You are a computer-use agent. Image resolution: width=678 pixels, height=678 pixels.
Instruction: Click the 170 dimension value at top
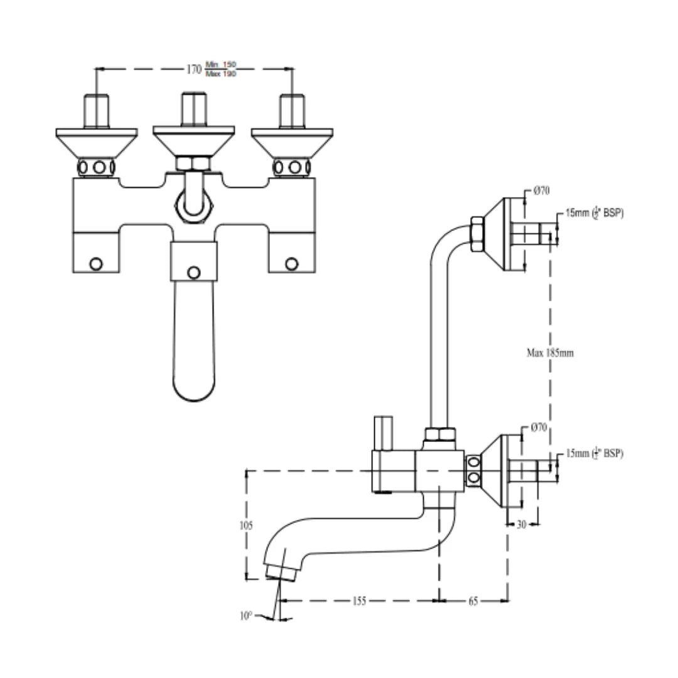point(194,69)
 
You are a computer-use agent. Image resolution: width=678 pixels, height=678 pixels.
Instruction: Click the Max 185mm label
point(550,353)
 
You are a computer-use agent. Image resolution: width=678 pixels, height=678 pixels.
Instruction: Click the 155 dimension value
point(358,601)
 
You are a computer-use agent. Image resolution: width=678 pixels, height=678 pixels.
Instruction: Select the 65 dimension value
point(473,601)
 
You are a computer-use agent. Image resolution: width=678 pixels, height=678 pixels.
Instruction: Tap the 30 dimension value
point(522,524)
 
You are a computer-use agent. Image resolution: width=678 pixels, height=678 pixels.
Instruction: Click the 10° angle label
point(245,616)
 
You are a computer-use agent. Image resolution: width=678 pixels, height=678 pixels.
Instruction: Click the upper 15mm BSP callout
point(594,213)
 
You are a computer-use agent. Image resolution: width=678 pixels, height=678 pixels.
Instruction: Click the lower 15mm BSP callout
point(594,453)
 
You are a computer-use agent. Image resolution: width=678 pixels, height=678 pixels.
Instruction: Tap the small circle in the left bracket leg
point(95,264)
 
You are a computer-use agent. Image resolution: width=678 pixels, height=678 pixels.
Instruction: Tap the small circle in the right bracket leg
point(291,264)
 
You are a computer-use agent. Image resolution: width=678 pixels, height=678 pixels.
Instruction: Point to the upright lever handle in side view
point(382,433)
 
